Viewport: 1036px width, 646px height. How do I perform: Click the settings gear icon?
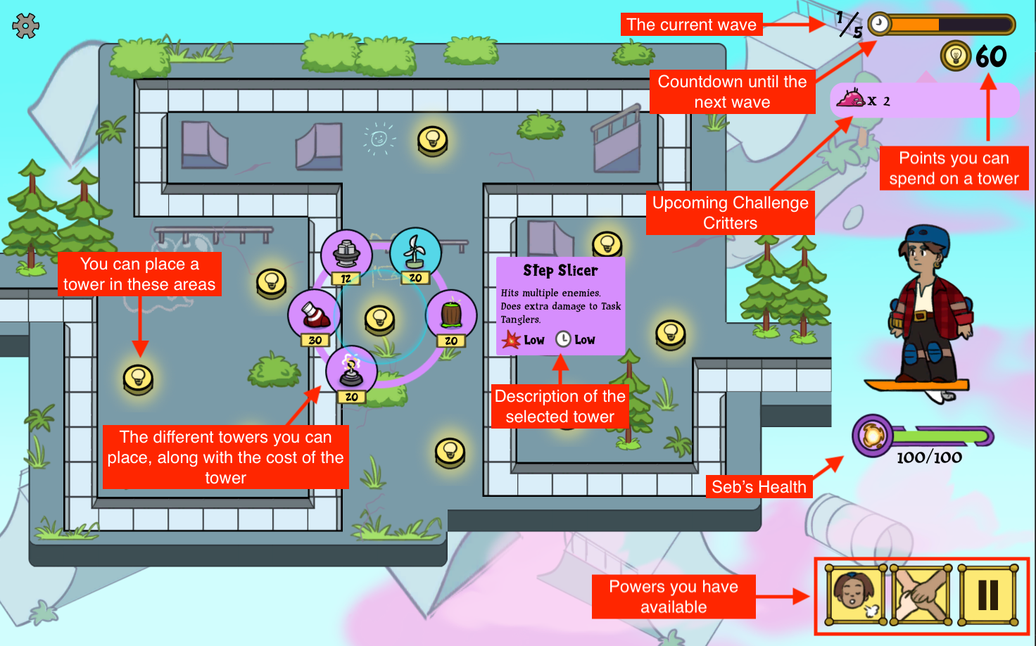25,26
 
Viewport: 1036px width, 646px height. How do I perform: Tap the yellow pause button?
987,595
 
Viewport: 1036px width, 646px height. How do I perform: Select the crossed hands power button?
921,595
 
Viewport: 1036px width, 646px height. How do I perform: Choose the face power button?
856,595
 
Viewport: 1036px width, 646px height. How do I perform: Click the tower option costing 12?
346,254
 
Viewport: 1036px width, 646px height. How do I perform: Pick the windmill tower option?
415,253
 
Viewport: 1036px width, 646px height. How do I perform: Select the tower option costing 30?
314,315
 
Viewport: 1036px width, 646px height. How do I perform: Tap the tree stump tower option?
451,315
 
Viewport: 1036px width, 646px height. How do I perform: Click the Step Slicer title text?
560,271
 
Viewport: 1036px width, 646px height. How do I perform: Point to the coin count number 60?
991,56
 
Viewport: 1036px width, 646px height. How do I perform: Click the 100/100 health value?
929,457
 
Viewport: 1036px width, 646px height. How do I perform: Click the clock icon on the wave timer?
879,25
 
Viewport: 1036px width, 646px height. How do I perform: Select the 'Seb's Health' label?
759,487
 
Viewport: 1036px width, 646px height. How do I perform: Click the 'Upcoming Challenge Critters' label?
730,213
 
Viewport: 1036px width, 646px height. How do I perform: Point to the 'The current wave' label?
691,25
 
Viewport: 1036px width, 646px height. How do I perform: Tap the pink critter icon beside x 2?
850,99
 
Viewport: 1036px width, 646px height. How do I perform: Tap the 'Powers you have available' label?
674,597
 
